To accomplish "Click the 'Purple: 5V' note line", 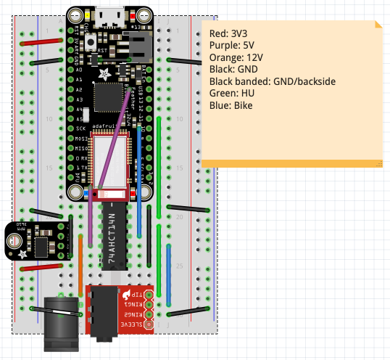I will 233,45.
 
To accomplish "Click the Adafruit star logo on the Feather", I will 107,73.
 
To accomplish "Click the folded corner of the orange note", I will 377,25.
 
